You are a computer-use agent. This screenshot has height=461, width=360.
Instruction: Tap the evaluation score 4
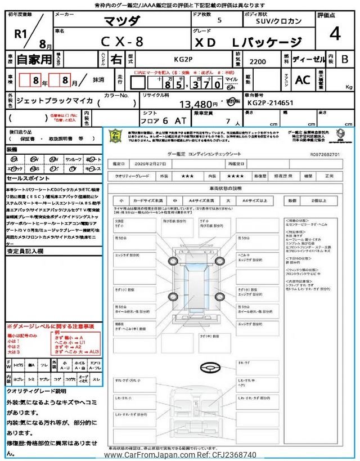click(335, 34)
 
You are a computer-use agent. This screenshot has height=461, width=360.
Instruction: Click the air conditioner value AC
click(303, 80)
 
